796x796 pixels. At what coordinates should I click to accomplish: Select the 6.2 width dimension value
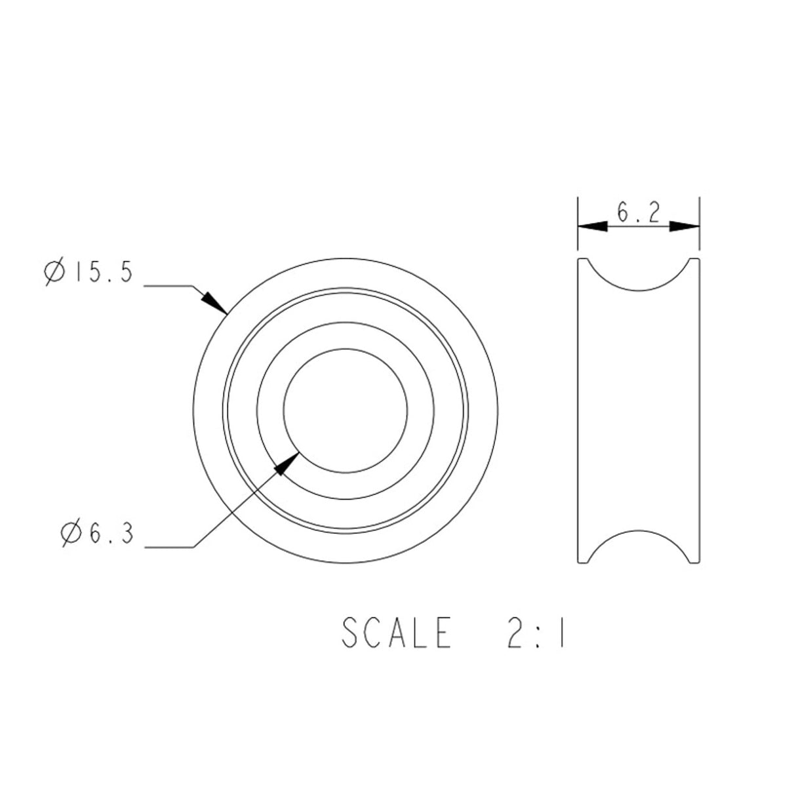tap(638, 213)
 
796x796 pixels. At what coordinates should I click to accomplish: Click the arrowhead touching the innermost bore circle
tap(286, 464)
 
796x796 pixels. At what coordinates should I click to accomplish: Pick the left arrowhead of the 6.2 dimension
tap(592, 226)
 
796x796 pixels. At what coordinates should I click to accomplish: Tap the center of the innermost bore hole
tap(345, 410)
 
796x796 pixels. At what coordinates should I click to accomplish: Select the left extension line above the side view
tap(578, 223)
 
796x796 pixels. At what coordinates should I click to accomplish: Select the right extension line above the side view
tap(699, 223)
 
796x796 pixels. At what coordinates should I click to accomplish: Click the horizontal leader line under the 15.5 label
tap(167, 286)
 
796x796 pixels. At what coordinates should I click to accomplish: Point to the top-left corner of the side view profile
tap(579, 260)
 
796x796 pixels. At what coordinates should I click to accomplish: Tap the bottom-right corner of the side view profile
tap(698, 561)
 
